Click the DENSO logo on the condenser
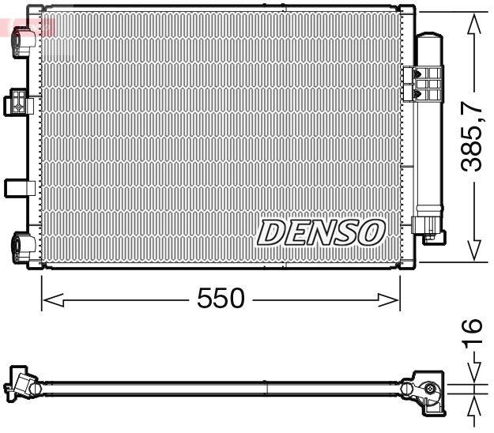pos(321,232)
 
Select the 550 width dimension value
pos(221,299)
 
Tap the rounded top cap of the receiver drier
pos(429,37)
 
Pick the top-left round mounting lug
pos(19,44)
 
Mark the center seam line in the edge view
pos(267,388)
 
